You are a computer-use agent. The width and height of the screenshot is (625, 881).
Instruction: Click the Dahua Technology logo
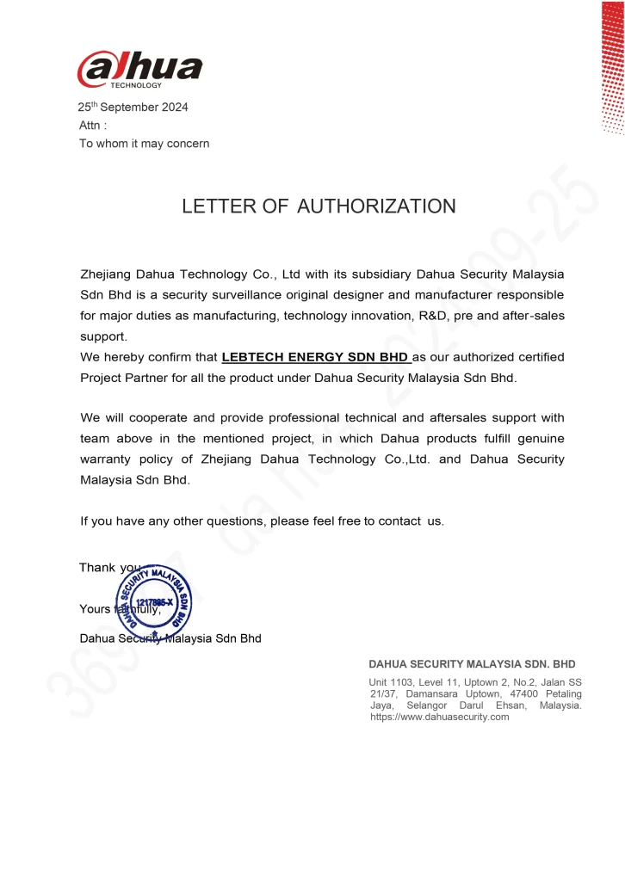point(139,69)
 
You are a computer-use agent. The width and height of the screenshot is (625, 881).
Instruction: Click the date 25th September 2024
point(133,108)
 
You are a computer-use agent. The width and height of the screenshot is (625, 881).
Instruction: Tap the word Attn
point(92,126)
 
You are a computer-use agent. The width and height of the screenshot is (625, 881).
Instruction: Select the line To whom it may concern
point(144,144)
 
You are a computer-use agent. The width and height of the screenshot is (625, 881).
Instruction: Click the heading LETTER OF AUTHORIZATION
point(319,206)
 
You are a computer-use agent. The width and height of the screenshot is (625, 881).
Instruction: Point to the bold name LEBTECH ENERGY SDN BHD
point(316,356)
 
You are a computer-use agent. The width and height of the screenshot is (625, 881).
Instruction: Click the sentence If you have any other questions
point(262,521)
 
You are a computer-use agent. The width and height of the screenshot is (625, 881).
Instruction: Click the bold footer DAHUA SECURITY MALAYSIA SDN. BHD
point(472,664)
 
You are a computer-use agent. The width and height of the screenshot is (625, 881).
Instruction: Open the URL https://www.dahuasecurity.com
point(439,717)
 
